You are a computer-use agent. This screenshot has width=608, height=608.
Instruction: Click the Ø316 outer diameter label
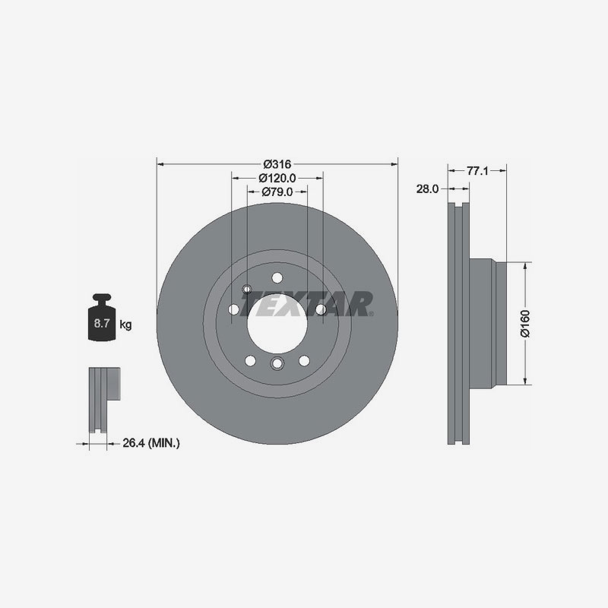pyautogui.click(x=277, y=164)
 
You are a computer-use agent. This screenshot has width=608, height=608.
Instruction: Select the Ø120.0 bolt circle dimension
pyautogui.click(x=277, y=178)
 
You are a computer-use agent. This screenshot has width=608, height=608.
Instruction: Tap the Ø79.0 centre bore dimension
pyautogui.click(x=277, y=192)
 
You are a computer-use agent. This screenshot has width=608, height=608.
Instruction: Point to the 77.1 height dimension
pyautogui.click(x=477, y=170)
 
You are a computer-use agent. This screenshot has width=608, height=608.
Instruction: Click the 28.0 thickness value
pyautogui.click(x=427, y=188)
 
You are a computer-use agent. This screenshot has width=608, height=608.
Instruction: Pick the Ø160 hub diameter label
pyautogui.click(x=525, y=324)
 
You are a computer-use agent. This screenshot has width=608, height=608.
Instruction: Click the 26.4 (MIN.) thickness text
pyautogui.click(x=151, y=443)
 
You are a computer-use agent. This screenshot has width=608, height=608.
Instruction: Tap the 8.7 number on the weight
pyautogui.click(x=102, y=323)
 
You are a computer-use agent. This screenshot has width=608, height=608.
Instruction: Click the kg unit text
pyautogui.click(x=125, y=325)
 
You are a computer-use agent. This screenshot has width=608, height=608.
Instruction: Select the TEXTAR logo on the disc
pyautogui.click(x=306, y=304)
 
